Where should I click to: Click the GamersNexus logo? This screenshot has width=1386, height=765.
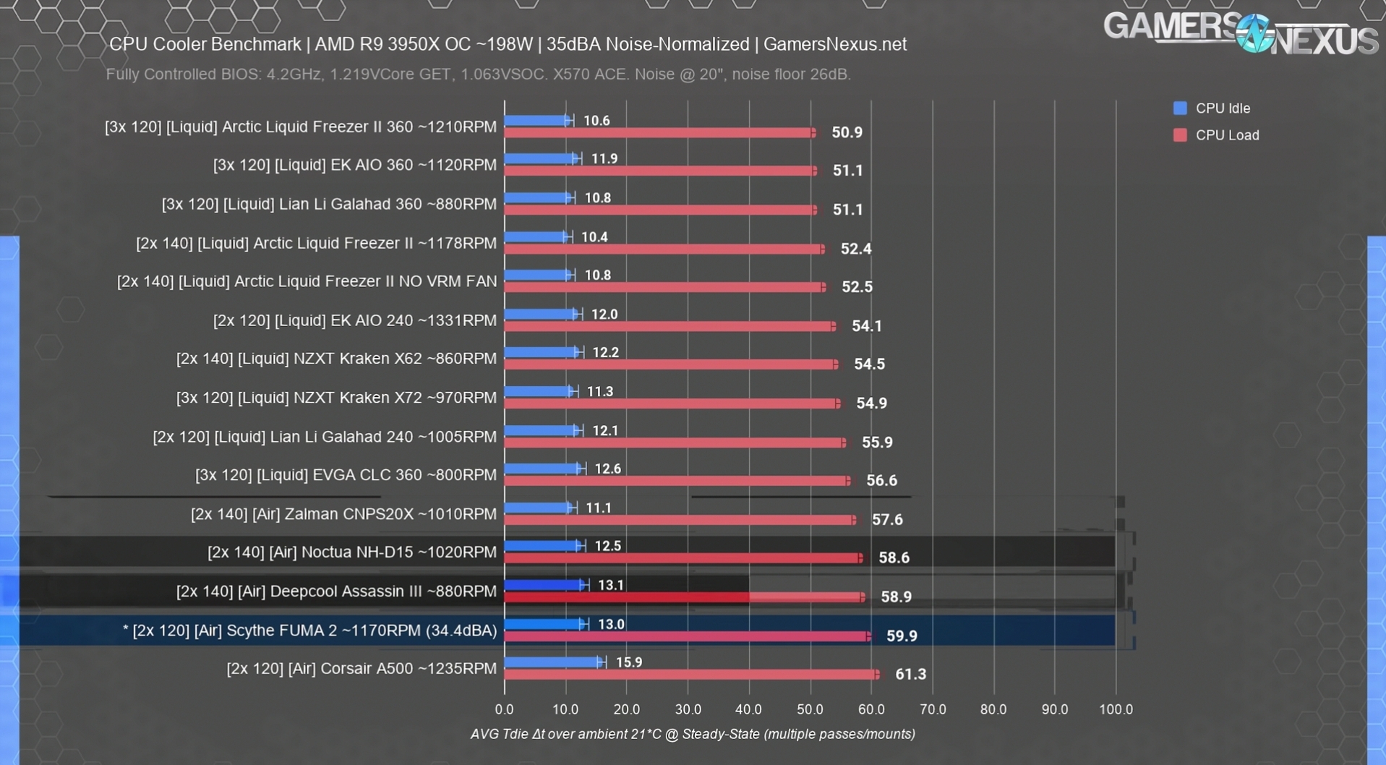tap(1239, 34)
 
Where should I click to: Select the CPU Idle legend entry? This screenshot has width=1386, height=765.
tap(1222, 108)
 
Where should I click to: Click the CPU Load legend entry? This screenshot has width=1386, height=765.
tap(1226, 135)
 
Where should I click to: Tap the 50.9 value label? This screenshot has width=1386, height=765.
tap(847, 133)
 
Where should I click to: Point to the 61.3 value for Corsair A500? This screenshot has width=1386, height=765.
tap(910, 674)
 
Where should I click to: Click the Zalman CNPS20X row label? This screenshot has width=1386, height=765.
tap(343, 514)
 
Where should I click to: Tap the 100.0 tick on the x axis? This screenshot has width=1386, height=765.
tap(1116, 709)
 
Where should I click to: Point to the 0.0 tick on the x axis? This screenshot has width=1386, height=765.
tap(505, 709)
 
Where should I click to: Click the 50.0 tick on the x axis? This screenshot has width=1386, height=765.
tap(810, 709)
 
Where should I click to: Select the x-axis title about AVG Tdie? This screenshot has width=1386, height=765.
tap(693, 734)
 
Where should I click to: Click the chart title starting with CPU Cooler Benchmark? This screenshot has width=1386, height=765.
tap(508, 44)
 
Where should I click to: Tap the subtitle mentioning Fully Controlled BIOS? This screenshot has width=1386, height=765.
tap(478, 74)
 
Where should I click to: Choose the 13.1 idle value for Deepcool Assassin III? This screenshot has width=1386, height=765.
tap(611, 585)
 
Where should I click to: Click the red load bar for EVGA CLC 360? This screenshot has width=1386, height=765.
tap(677, 481)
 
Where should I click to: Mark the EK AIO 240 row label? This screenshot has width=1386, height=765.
tap(354, 320)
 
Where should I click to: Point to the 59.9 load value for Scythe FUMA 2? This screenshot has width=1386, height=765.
tap(902, 636)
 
